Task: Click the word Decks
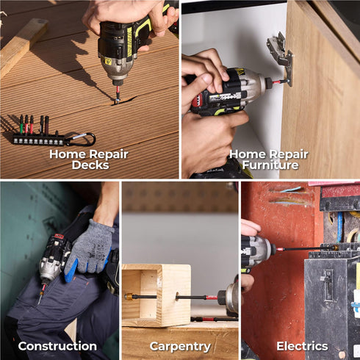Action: pyautogui.click(x=90, y=165)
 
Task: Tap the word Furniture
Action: pyautogui.click(x=270, y=165)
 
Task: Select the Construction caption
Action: pyautogui.click(x=57, y=346)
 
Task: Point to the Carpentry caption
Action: pyautogui.click(x=180, y=347)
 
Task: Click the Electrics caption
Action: pyautogui.click(x=302, y=346)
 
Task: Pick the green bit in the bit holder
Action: pyautogui.click(x=21, y=125)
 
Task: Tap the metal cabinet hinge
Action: pyautogui.click(x=281, y=58)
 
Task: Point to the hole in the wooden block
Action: pyautogui.click(x=177, y=297)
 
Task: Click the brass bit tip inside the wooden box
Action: pyautogui.click(x=129, y=297)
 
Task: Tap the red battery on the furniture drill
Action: pyautogui.click(x=198, y=101)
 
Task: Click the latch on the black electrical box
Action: pyautogui.click(x=328, y=285)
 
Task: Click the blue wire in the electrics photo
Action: pyautogui.click(x=339, y=227)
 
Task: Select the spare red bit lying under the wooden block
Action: pyautogui.click(x=215, y=319)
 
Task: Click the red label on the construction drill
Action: pyautogui.click(x=59, y=237)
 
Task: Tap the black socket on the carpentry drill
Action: pyautogui.click(x=222, y=298)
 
